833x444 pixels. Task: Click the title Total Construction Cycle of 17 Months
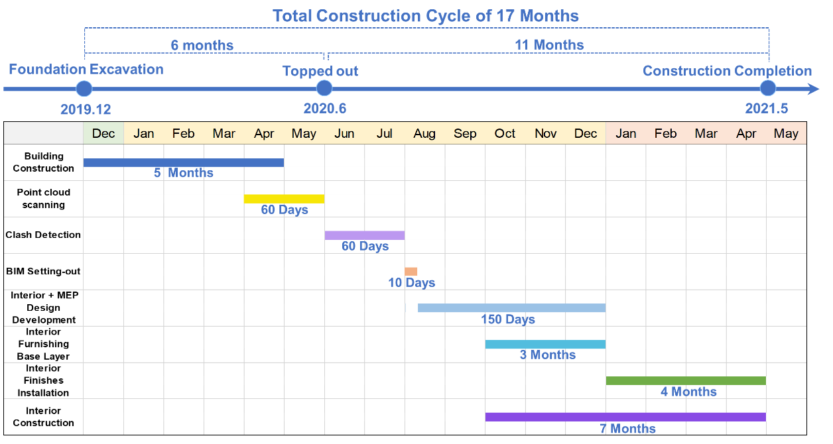(425, 16)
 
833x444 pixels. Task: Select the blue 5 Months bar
(184, 162)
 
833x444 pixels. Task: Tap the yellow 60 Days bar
(284, 199)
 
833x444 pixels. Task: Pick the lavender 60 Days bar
(364, 235)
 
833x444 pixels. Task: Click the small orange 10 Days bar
(411, 272)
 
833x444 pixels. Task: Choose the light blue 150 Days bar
(511, 308)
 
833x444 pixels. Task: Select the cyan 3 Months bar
(545, 345)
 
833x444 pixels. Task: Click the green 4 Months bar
(686, 380)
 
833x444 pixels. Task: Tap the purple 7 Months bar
(625, 417)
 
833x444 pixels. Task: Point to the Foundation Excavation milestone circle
(84, 89)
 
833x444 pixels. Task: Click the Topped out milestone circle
(324, 88)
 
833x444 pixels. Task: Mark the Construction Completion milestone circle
(768, 88)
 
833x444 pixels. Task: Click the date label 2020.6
(325, 109)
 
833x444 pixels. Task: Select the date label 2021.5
(767, 109)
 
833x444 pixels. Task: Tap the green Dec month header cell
(103, 133)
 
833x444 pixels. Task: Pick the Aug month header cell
(424, 133)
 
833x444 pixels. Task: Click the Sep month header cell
(465, 133)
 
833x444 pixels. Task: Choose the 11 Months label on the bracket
(549, 45)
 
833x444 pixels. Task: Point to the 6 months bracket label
(202, 46)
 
